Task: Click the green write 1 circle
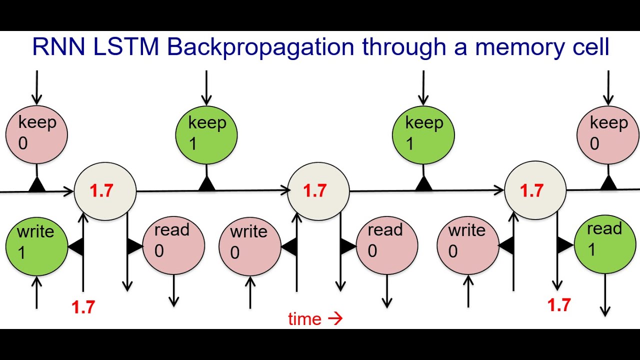(x=36, y=244)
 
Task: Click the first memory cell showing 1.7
(x=105, y=190)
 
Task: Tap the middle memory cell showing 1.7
(x=318, y=190)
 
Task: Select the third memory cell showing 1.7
(x=535, y=190)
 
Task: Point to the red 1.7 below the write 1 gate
(x=83, y=307)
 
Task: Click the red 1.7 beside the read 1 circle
(x=558, y=304)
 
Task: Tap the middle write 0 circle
(x=249, y=244)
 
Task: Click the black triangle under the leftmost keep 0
(x=36, y=185)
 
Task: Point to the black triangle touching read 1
(x=565, y=245)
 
